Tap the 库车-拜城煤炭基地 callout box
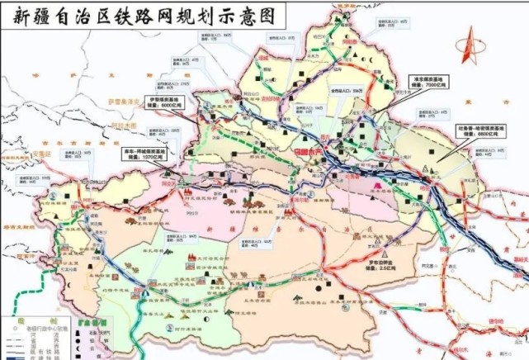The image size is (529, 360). pos(140,154)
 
